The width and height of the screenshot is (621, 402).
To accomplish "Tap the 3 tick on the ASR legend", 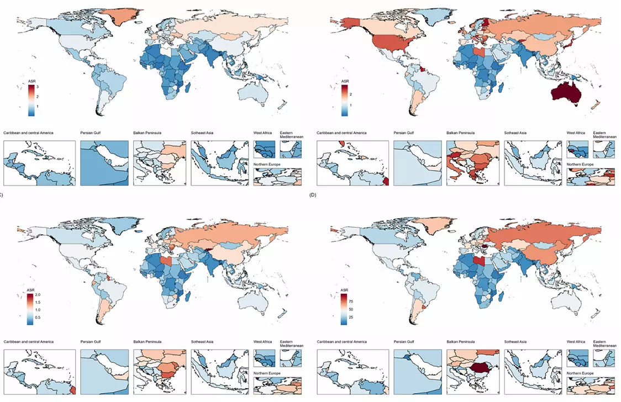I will coord(38,87).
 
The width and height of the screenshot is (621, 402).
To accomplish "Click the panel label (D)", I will coord(314,195).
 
